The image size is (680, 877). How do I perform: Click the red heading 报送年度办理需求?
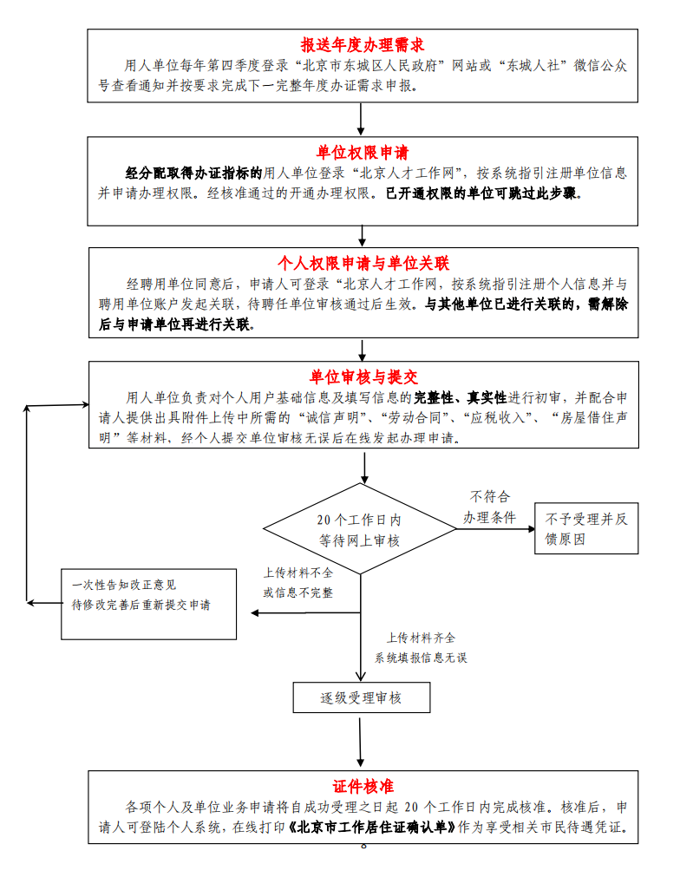pyautogui.click(x=362, y=45)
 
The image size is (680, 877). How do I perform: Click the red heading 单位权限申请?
pyautogui.click(x=362, y=153)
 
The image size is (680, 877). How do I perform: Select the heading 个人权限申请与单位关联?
pyautogui.click(x=363, y=263)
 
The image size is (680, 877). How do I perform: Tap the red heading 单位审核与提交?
pyautogui.click(x=363, y=377)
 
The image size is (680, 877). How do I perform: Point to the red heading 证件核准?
pyautogui.click(x=363, y=786)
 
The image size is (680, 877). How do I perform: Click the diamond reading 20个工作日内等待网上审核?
pyautogui.click(x=359, y=530)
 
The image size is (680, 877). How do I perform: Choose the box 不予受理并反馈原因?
pyautogui.click(x=585, y=528)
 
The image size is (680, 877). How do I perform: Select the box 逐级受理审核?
pyautogui.click(x=362, y=697)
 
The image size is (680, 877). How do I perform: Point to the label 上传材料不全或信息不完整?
pyautogui.click(x=298, y=583)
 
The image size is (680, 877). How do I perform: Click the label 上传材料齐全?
pyautogui.click(x=421, y=638)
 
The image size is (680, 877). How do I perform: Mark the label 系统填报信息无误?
pyautogui.click(x=421, y=658)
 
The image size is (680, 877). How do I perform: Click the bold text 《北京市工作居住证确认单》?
pyautogui.click(x=373, y=827)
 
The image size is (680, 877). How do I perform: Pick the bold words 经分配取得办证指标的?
pyautogui.click(x=193, y=173)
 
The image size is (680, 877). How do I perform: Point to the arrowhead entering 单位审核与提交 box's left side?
pyautogui.click(x=84, y=405)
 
